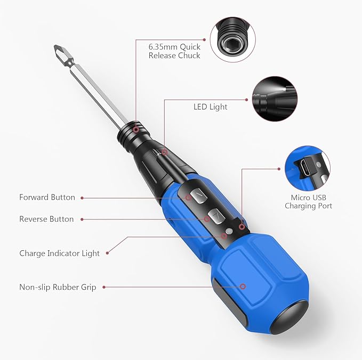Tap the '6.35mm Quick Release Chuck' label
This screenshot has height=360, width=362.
(x=174, y=51)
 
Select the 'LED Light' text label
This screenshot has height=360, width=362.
(x=210, y=107)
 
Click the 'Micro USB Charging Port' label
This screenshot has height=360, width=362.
(x=308, y=202)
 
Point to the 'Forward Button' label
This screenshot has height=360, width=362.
(x=47, y=198)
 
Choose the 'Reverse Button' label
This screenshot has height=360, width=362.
(x=46, y=219)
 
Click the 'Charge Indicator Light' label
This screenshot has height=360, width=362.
(x=59, y=253)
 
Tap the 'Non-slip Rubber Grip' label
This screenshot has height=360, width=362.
(x=58, y=288)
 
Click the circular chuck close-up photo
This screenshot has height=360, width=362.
(x=232, y=39)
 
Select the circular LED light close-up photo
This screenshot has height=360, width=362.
(x=273, y=97)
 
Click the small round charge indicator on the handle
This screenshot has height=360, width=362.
(x=229, y=232)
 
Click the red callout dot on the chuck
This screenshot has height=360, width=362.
(x=136, y=129)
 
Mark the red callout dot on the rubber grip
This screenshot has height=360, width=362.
(x=243, y=286)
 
